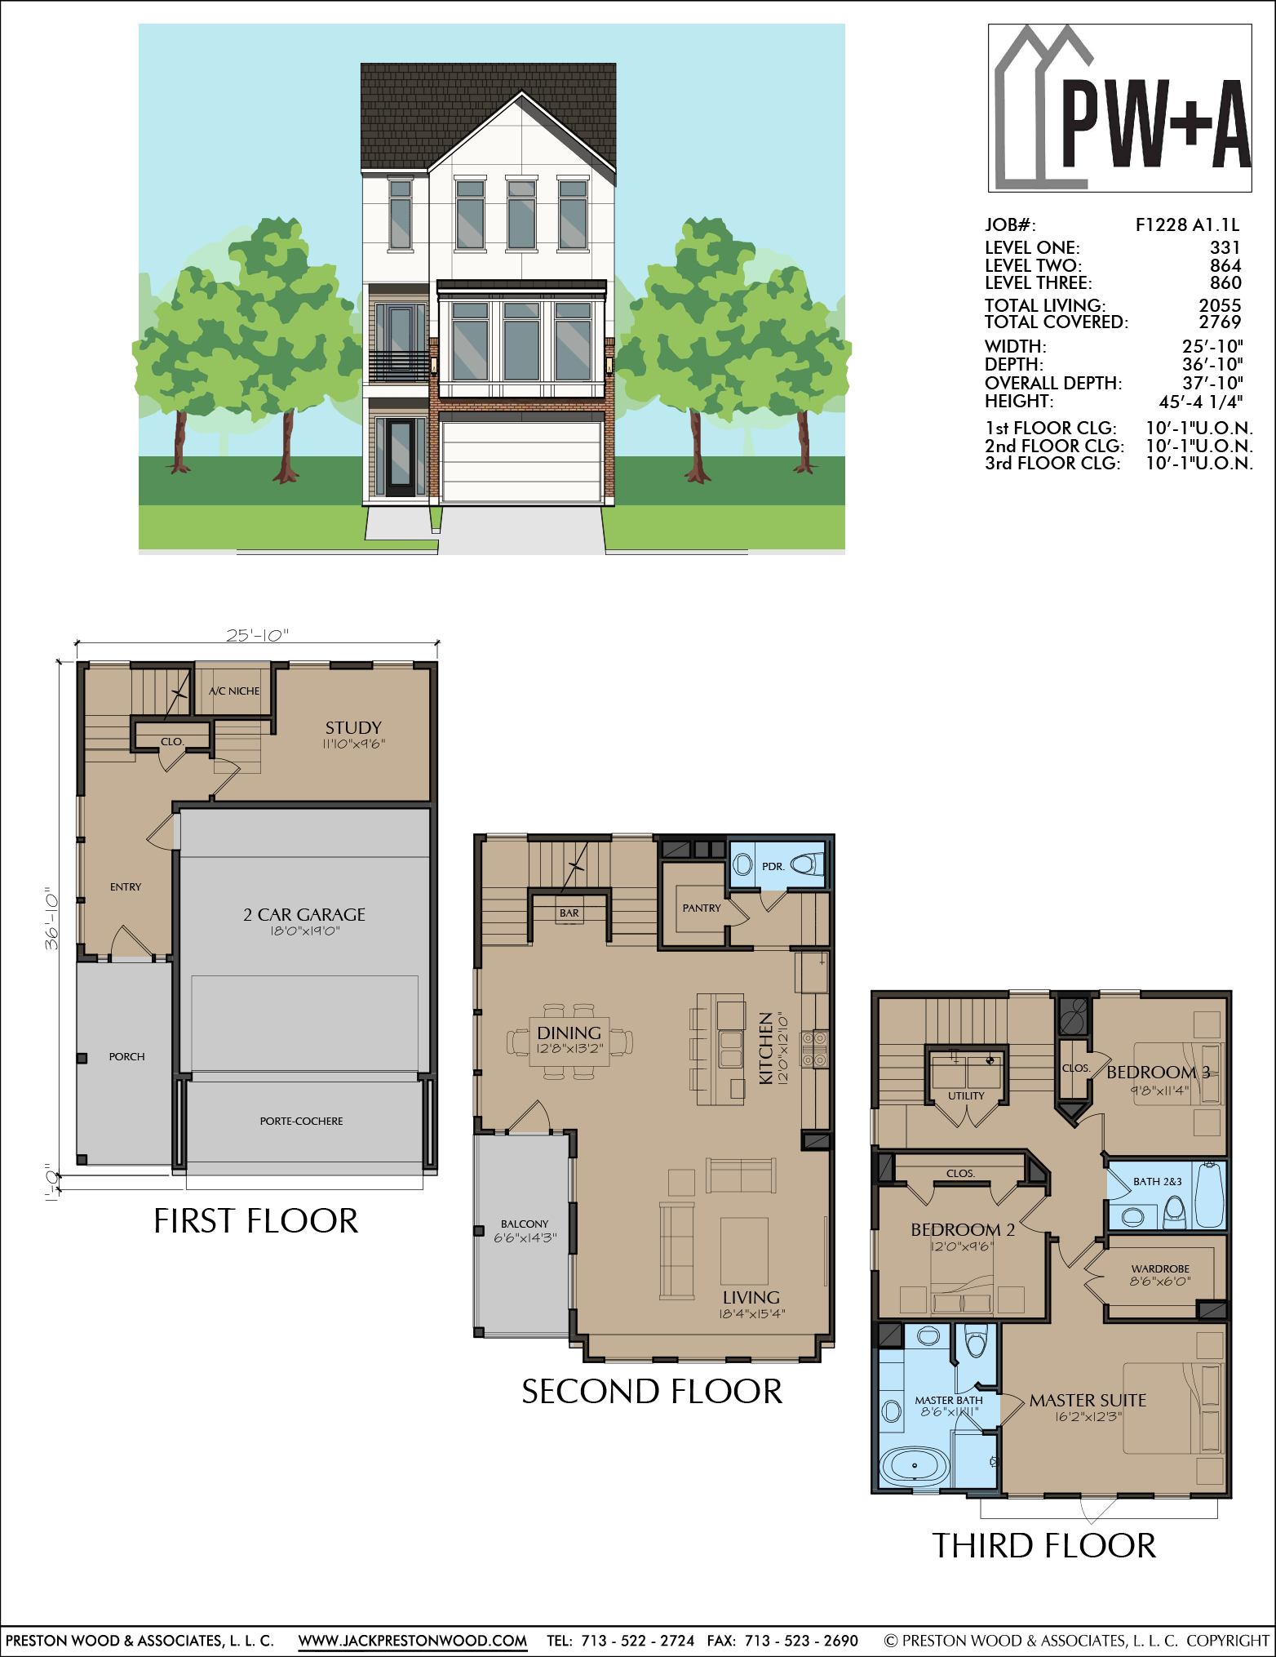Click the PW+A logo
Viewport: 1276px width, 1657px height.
pos(1119,109)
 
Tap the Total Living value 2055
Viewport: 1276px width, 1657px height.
pos(1220,305)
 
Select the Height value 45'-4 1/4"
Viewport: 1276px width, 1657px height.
pos(1200,402)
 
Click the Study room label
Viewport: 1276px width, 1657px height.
pos(353,727)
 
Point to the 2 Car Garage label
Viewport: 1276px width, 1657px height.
pos(304,914)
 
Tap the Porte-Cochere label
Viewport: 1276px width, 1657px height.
pos(301,1121)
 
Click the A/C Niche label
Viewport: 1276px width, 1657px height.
pos(234,691)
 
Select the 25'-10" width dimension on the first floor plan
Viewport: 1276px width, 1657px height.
pos(257,635)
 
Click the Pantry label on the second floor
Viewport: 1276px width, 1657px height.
pos(702,908)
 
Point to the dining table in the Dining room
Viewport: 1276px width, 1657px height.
pos(569,1042)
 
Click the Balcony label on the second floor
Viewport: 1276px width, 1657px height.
pos(525,1224)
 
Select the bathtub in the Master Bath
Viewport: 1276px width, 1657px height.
pos(915,1465)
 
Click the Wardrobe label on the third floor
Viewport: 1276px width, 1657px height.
pos(1160,1268)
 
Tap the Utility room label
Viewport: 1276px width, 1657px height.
pos(966,1095)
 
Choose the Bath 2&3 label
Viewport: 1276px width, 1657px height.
pos(1157,1181)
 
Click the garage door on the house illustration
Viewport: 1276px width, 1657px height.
pos(522,461)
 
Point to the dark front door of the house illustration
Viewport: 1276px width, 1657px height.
pos(400,458)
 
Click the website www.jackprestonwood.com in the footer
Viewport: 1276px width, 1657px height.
pos(412,1640)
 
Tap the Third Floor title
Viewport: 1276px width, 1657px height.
pos(1044,1545)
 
